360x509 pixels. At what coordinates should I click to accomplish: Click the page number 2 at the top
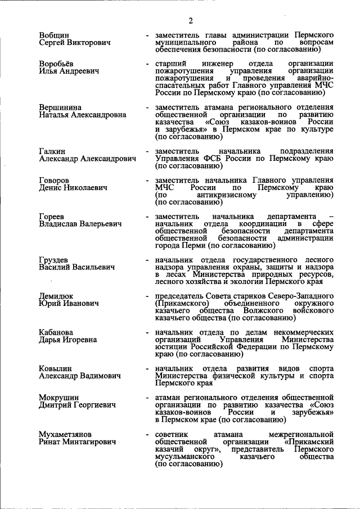click(x=191, y=21)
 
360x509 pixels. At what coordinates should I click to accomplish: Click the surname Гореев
click(x=52, y=217)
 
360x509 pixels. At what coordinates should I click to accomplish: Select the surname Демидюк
click(x=56, y=296)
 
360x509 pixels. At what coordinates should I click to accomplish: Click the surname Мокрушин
click(x=59, y=398)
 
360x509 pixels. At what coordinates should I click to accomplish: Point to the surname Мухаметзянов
click(x=65, y=434)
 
